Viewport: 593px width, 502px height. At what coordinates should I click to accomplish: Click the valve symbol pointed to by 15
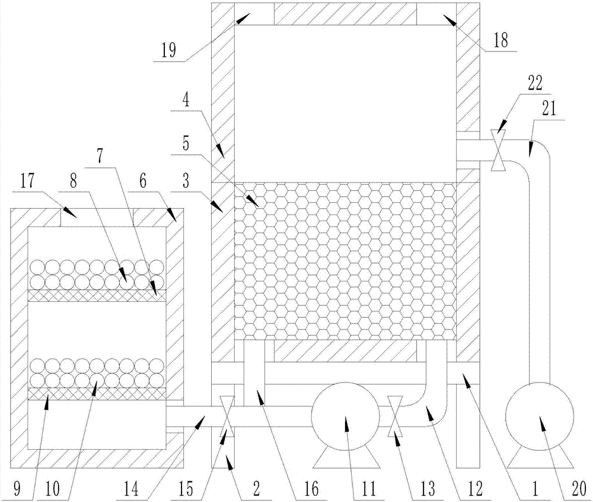(225, 415)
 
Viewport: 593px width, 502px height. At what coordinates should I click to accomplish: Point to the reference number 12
(473, 488)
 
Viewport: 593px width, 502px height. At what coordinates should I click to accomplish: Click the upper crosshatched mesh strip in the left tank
(97, 295)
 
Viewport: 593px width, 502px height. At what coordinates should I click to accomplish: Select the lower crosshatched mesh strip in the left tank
(97, 394)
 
